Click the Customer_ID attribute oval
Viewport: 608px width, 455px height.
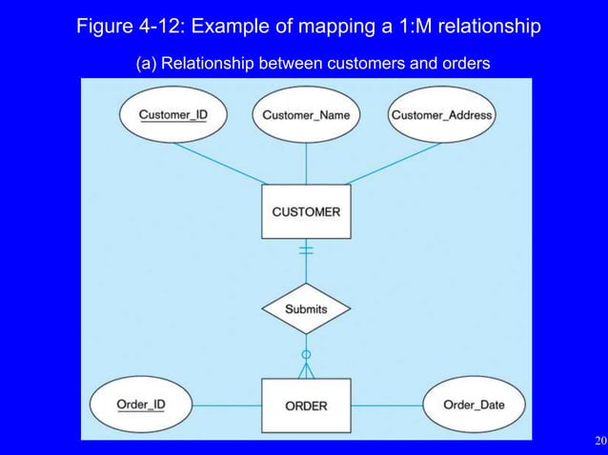click(173, 115)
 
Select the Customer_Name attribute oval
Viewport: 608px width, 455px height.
click(306, 115)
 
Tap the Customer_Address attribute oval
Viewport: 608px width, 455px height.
click(441, 115)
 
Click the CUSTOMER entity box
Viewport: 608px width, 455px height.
click(306, 211)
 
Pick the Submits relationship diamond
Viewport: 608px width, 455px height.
click(306, 308)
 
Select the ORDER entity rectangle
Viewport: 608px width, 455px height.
click(306, 406)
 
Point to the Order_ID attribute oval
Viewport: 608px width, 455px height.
click(140, 404)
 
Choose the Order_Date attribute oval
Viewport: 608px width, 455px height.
click(474, 405)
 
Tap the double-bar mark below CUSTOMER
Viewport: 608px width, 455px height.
click(306, 250)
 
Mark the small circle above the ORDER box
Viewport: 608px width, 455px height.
click(306, 354)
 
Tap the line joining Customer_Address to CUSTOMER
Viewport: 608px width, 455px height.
click(391, 162)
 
